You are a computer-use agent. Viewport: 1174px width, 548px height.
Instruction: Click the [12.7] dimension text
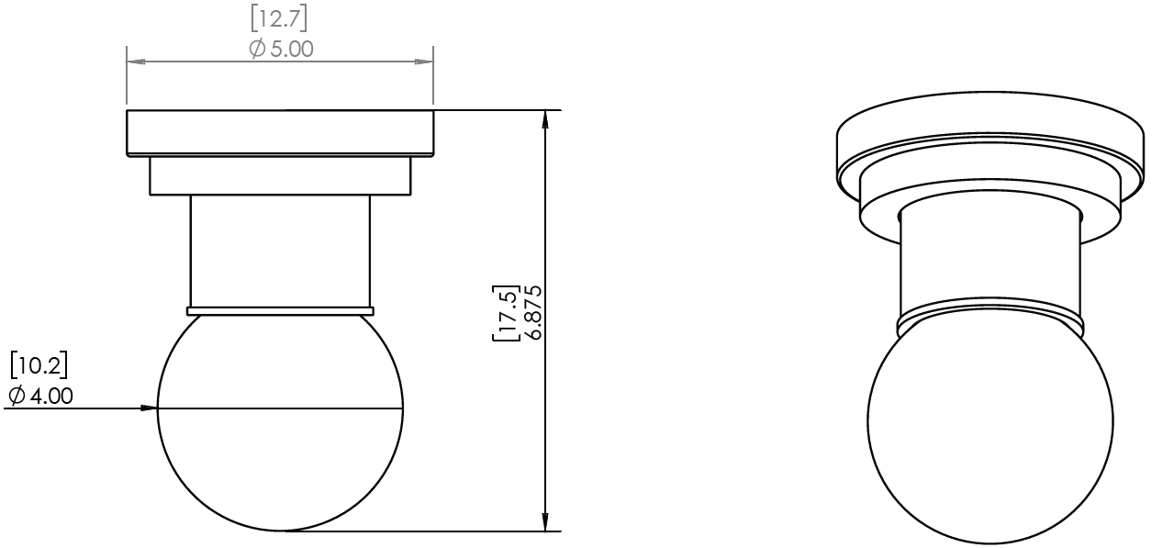pos(279,19)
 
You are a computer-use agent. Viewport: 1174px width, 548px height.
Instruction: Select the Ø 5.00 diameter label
pos(282,49)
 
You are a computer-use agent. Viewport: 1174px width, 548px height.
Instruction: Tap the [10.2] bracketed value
pos(39,365)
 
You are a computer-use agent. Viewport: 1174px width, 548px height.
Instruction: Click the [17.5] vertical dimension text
pos(505,313)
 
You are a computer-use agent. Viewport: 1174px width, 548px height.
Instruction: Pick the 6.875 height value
pos(533,312)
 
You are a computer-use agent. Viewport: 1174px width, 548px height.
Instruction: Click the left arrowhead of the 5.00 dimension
pos(136,62)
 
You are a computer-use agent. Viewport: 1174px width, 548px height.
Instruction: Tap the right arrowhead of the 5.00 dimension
pos(424,62)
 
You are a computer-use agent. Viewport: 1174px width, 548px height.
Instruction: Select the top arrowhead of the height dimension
pos(545,119)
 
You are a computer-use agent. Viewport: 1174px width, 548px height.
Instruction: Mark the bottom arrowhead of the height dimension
pos(545,521)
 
